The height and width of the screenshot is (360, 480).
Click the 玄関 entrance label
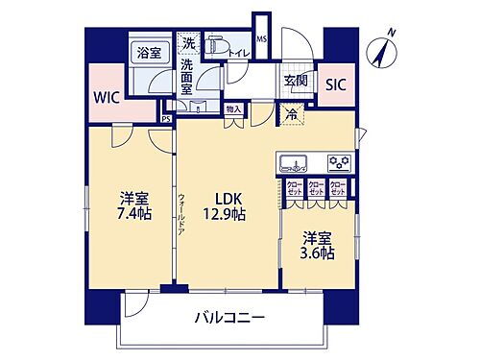coord(295,82)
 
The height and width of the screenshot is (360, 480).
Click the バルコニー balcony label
coord(228,317)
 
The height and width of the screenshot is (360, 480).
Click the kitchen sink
coord(293,160)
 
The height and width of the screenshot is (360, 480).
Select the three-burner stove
coord(337,160)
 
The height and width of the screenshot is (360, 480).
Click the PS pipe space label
coord(167,119)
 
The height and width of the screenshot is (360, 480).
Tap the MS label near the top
coord(261,39)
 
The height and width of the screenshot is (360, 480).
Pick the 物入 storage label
coord(233,110)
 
